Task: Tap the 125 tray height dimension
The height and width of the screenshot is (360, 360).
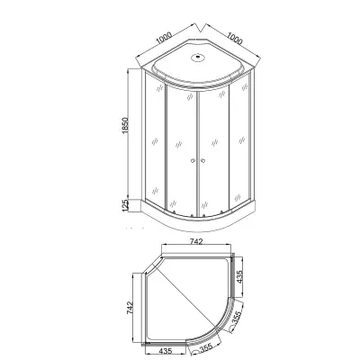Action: [x=125, y=205]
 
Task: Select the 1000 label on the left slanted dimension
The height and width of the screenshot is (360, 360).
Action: [x=164, y=38]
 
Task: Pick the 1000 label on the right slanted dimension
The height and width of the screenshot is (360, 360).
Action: [x=234, y=38]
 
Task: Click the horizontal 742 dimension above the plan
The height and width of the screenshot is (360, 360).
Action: [x=196, y=241]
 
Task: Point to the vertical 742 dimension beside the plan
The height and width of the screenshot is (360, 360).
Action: [x=129, y=308]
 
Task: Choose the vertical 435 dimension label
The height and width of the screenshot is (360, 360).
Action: [x=239, y=276]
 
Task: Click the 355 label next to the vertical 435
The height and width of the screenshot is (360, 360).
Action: [x=238, y=318]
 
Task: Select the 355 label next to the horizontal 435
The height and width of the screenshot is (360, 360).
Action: [x=206, y=348]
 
